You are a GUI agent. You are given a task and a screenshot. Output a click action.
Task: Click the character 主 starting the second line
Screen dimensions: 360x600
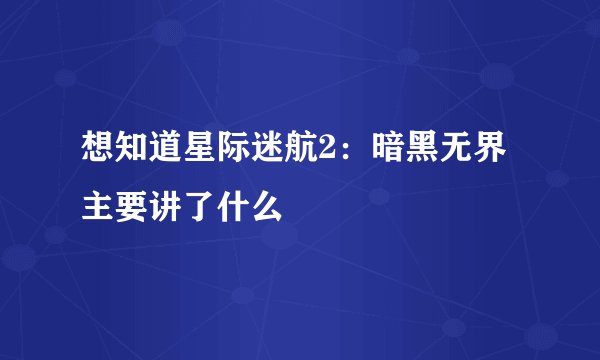click(x=98, y=208)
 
